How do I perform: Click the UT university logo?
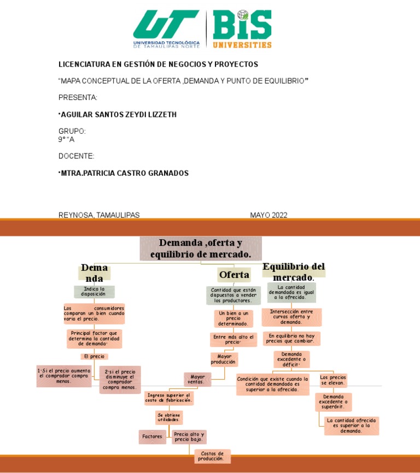(166, 29)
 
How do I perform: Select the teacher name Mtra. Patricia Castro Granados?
(124, 173)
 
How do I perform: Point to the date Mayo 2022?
(269, 215)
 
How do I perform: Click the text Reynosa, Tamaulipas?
(99, 215)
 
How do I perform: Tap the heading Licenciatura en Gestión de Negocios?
(158, 64)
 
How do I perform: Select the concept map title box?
(201, 249)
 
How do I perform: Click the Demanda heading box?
(94, 273)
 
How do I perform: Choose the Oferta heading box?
(234, 274)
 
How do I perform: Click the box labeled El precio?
(94, 357)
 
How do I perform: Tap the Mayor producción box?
(223, 359)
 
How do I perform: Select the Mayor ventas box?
(197, 379)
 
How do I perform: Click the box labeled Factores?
(152, 437)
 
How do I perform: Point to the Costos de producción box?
(212, 456)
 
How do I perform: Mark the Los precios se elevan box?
(333, 380)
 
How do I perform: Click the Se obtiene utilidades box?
(168, 418)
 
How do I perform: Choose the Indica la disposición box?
(94, 292)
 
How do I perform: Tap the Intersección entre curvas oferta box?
(291, 317)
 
